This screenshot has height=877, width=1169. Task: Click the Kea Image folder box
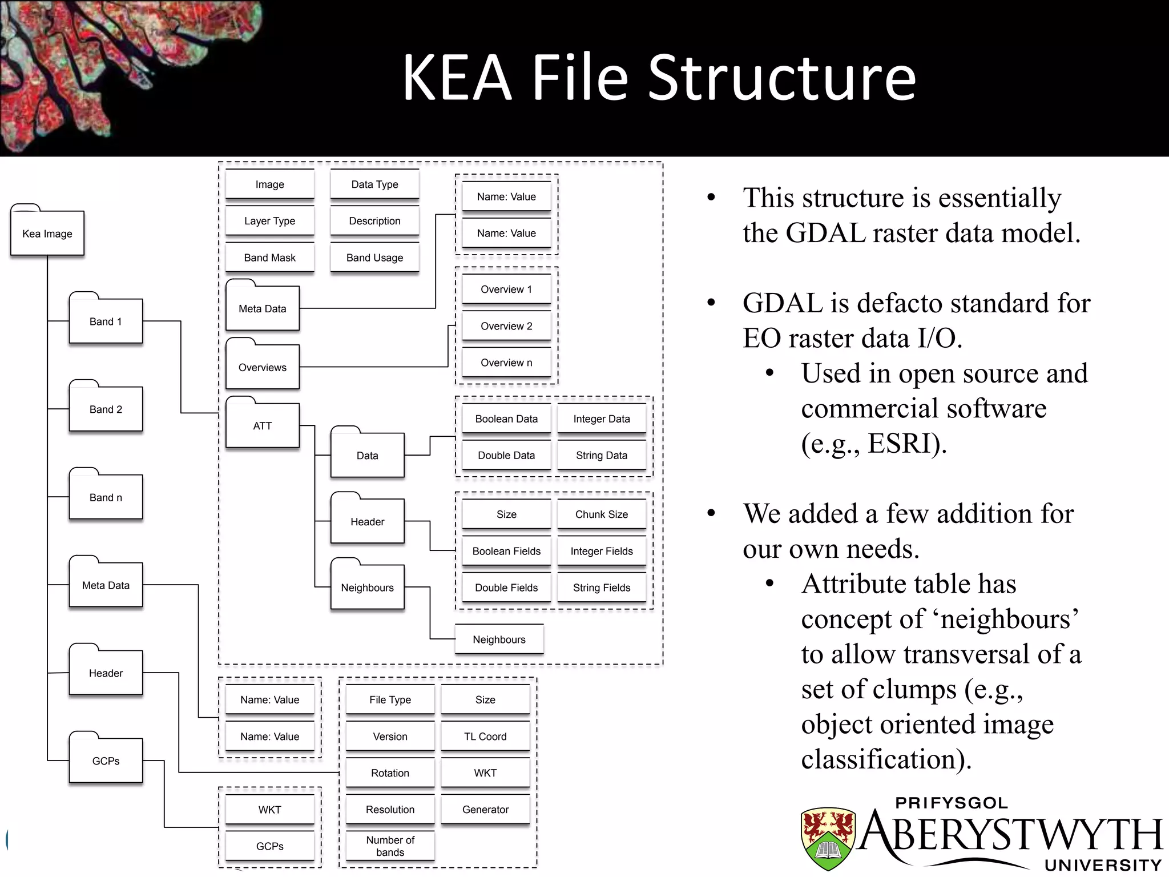click(x=47, y=233)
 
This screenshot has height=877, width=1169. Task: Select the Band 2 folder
click(x=106, y=409)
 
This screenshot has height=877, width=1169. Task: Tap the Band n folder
click(x=106, y=497)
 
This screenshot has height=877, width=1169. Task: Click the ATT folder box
click(x=263, y=425)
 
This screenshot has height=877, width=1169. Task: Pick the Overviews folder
click(x=263, y=367)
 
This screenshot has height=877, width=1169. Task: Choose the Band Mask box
click(x=269, y=258)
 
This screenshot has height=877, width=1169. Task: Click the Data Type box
click(x=374, y=184)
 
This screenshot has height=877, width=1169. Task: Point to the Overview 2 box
click(x=506, y=326)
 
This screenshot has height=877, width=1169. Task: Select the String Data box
click(x=602, y=455)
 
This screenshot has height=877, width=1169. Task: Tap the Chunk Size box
click(x=602, y=514)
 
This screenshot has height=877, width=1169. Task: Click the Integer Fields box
click(x=602, y=551)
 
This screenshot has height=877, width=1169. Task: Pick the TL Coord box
click(x=485, y=736)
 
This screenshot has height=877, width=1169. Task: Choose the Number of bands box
click(x=390, y=846)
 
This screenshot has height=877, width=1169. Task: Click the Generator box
click(x=485, y=809)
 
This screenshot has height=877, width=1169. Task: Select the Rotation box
click(x=390, y=773)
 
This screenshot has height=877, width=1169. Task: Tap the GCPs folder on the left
click(x=106, y=761)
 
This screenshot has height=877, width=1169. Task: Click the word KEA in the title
click(x=457, y=78)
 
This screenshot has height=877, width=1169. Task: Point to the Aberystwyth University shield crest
click(x=828, y=837)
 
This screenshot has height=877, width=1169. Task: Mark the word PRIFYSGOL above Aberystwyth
click(x=952, y=803)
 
